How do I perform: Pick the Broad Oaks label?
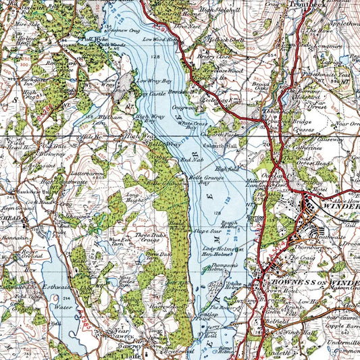pos(259,87)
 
